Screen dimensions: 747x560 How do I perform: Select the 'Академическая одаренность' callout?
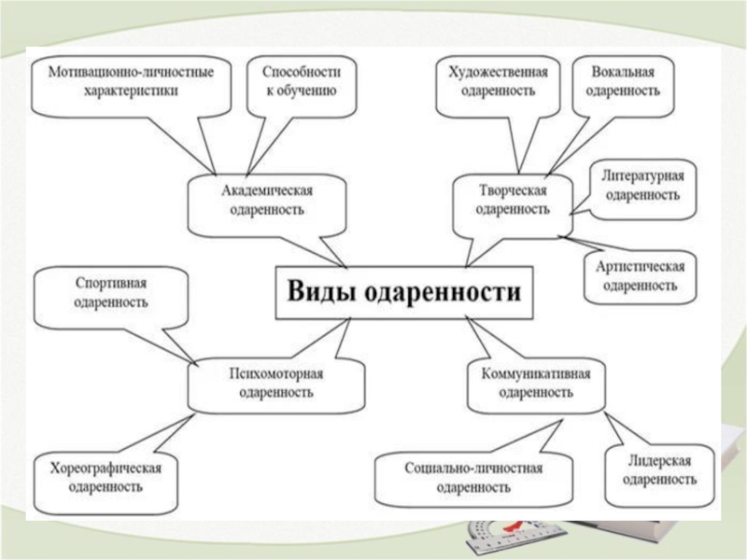point(266,200)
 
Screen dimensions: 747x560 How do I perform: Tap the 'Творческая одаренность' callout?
point(512,200)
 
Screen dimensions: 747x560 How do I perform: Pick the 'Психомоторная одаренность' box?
point(275,383)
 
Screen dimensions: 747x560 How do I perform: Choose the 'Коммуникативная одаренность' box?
point(535,383)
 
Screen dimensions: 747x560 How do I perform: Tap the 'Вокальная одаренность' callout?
point(626,82)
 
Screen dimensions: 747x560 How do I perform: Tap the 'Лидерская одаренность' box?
point(658,471)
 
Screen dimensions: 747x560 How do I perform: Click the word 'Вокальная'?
point(626,72)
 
